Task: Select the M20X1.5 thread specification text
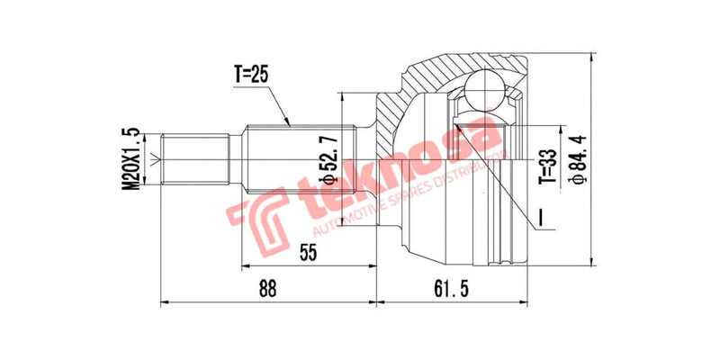coord(132,157)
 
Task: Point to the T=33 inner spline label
coord(544,167)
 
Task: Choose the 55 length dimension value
coord(308,253)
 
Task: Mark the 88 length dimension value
coord(266,289)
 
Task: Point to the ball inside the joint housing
coord(484,92)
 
